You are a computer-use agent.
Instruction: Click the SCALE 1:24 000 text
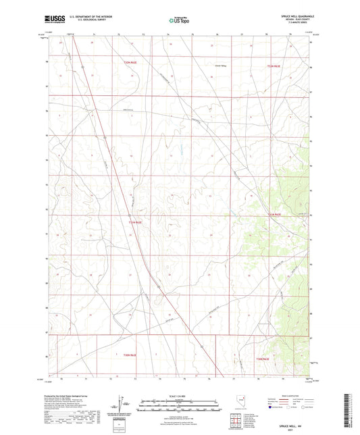click(179, 394)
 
